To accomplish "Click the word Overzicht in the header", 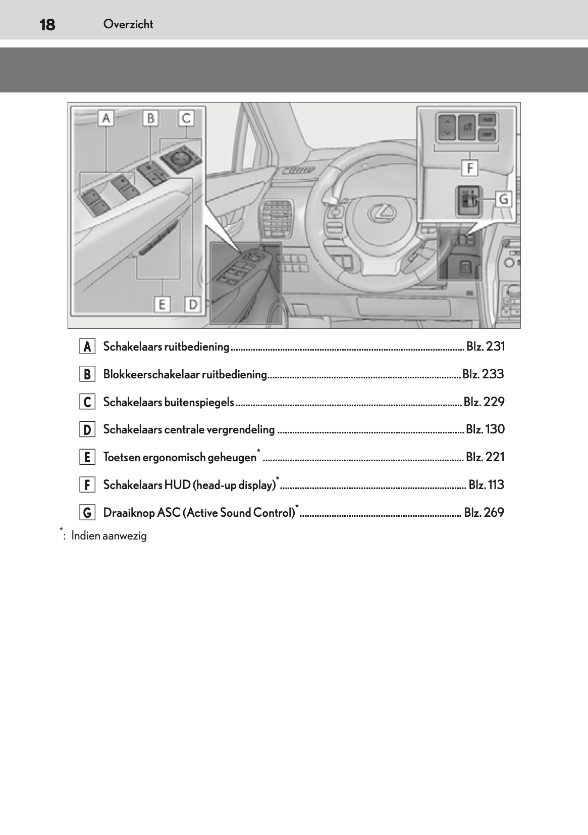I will click(x=128, y=24).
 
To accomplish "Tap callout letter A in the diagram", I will click(x=106, y=119).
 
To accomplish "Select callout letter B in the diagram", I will click(x=150, y=119).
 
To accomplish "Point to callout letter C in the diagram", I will click(x=186, y=119).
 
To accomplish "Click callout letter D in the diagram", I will click(x=193, y=305).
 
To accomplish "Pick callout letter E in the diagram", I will click(x=162, y=305).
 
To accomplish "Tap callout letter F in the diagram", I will click(x=470, y=167).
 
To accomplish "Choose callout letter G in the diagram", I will click(x=503, y=199).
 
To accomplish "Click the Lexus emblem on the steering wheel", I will click(x=380, y=213).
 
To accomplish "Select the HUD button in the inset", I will click(x=487, y=121).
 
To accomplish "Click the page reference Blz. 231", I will click(x=485, y=347).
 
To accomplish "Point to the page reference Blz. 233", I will click(x=483, y=374).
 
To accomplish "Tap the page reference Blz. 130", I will click(x=485, y=429).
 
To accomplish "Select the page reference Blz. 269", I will click(x=484, y=513).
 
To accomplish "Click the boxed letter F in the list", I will click(x=87, y=485).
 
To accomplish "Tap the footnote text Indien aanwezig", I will click(x=109, y=536).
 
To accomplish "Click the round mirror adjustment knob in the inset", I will click(x=180, y=158).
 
